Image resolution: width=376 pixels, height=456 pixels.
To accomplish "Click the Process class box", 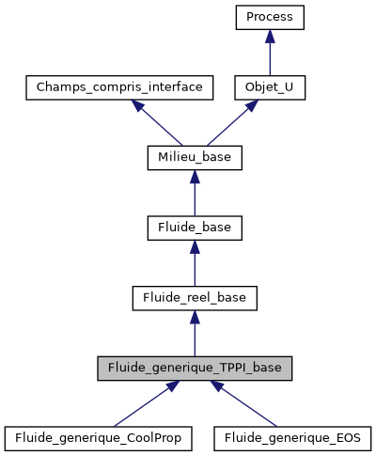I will pos(270,18).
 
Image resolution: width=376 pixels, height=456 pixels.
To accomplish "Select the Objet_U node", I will pos(270,87).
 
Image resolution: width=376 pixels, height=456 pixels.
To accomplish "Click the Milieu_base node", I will pos(195,157).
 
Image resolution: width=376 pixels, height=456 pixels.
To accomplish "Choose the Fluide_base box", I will pos(195,228).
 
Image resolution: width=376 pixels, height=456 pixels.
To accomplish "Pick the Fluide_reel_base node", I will pos(195,298).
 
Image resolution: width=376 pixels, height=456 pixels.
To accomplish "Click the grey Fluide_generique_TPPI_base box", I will pos(195,368).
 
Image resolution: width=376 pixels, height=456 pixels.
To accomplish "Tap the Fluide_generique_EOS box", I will pos(293,437).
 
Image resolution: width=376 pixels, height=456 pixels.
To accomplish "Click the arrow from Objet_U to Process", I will pos(270,55).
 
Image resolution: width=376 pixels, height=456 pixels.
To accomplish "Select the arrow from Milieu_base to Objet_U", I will pos(231,123).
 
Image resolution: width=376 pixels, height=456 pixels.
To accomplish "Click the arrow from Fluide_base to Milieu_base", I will pos(195,195).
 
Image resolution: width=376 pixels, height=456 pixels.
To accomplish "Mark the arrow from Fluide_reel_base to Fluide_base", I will pos(195,265).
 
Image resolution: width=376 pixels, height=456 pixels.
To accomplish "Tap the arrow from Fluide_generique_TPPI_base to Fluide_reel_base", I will pos(195,335).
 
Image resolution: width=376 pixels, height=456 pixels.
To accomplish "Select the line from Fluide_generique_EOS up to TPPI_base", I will pos(243,404).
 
